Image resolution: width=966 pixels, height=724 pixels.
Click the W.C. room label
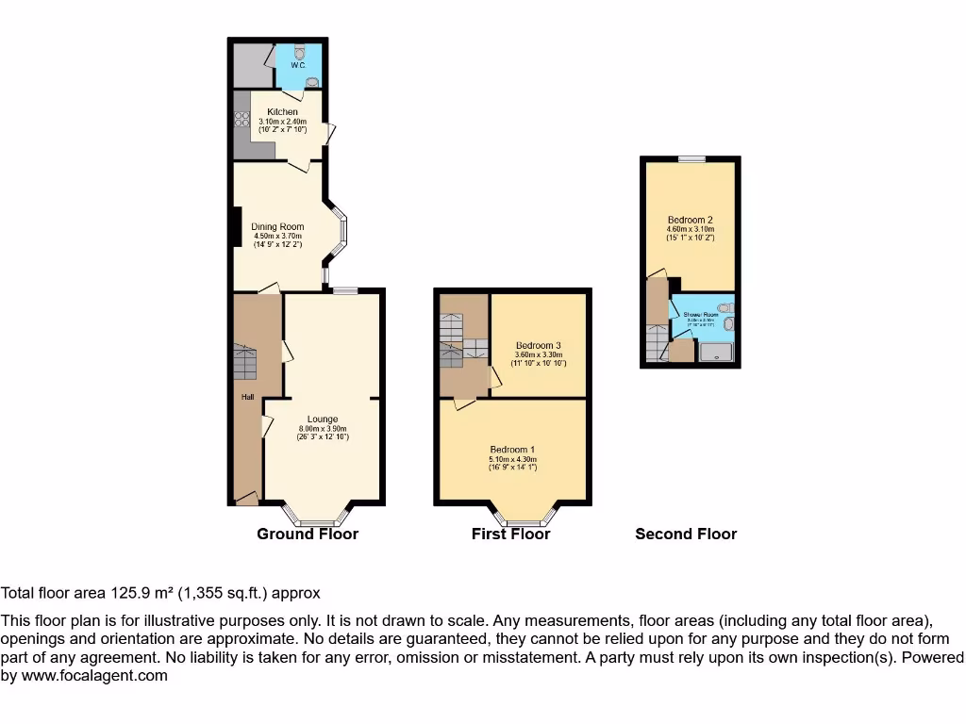(x=297, y=65)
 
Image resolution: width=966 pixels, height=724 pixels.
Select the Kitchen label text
(x=282, y=112)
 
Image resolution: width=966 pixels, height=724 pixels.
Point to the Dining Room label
(x=277, y=226)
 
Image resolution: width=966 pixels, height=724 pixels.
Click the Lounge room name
(x=323, y=419)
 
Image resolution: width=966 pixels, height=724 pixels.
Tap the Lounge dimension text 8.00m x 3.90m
(x=323, y=428)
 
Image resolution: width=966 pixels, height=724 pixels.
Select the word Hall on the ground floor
(x=247, y=398)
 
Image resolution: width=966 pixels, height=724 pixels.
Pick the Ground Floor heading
(x=308, y=534)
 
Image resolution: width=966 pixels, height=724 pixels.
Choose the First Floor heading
(x=510, y=534)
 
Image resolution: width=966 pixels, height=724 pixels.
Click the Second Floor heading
(x=686, y=534)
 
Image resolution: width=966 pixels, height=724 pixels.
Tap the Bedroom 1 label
(x=512, y=450)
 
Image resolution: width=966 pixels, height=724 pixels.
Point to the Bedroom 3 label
(x=539, y=344)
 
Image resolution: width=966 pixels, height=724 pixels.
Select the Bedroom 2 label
(x=691, y=220)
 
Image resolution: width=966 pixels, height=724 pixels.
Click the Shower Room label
(x=701, y=314)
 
